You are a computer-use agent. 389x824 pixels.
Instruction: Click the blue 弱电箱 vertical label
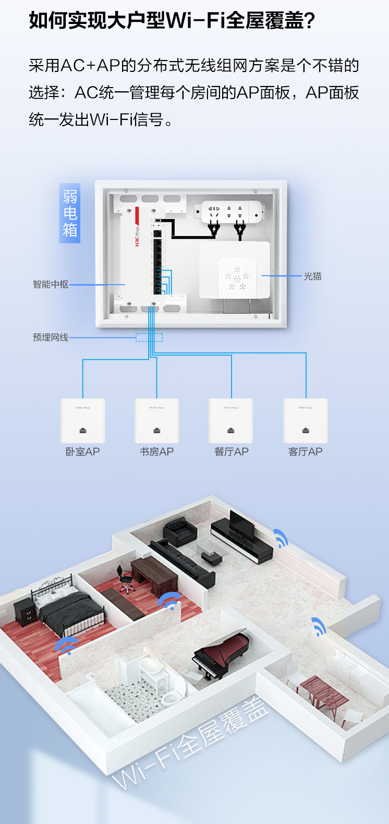[70, 213]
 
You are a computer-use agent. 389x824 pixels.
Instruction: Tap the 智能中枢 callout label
[51, 284]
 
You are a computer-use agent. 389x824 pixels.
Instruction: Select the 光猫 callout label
[312, 276]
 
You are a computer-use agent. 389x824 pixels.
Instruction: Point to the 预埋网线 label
[51, 337]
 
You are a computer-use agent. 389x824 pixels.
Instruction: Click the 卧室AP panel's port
[82, 430]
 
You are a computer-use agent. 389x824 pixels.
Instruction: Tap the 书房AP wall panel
[157, 420]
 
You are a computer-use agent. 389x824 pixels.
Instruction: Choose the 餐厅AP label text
[232, 452]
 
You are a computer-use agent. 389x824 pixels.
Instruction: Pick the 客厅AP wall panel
[306, 420]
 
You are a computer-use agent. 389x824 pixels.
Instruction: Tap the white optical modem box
[235, 270]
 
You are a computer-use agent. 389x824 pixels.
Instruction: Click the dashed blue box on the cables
[149, 337]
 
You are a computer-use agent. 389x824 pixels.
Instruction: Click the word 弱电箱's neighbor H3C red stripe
[137, 227]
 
